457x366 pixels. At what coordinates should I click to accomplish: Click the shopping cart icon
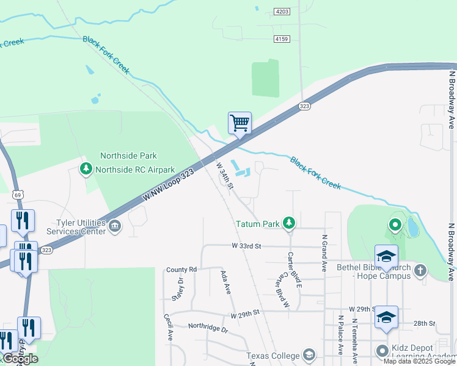point(239,123)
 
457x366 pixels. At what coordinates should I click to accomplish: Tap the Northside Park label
point(129,156)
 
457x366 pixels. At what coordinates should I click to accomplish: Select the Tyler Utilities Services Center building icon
point(115,228)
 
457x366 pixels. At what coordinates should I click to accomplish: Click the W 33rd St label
point(246,246)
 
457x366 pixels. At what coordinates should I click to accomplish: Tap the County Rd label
point(181,269)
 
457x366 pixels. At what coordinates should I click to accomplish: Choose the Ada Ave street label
point(227,282)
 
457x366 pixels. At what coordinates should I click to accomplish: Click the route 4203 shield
point(282,12)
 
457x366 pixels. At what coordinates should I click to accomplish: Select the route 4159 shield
point(282,38)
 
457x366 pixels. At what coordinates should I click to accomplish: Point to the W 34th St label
point(224,175)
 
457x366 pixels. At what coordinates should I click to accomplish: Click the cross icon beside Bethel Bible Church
point(420,270)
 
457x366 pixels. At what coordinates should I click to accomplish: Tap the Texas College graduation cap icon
point(309,356)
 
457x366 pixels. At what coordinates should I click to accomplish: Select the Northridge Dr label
point(208,329)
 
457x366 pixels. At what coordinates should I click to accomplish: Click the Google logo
point(20,359)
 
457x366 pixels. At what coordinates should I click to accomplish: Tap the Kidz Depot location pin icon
point(382,351)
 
